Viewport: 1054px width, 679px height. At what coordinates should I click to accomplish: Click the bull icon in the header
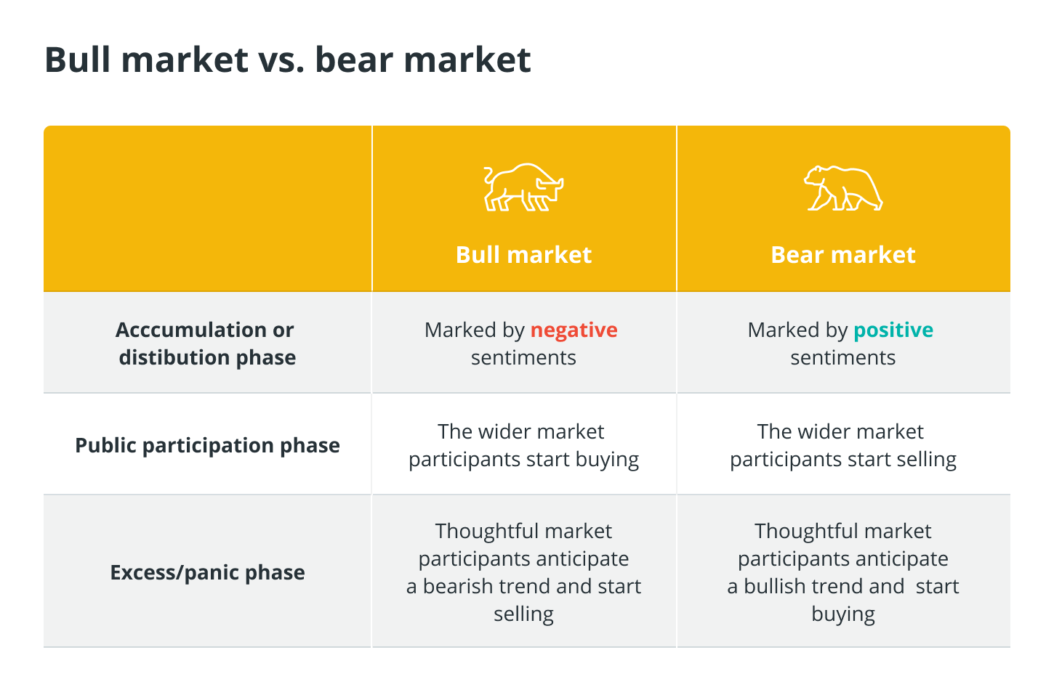[523, 187]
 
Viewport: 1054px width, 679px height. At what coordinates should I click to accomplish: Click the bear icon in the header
[843, 188]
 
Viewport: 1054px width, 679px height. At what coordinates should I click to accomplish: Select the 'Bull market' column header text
[523, 255]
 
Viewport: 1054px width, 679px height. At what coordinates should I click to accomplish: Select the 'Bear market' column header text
[843, 255]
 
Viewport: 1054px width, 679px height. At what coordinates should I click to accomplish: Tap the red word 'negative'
[574, 330]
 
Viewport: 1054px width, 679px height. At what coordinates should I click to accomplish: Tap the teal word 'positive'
[893, 330]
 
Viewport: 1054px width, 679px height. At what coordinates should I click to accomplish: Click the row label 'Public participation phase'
[207, 446]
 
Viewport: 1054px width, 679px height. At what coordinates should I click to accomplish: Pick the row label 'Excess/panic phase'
[207, 573]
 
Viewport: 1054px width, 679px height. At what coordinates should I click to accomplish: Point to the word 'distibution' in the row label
[174, 357]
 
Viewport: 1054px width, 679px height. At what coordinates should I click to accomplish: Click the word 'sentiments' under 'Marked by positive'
[843, 358]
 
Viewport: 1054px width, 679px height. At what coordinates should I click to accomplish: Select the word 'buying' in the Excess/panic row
[843, 614]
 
